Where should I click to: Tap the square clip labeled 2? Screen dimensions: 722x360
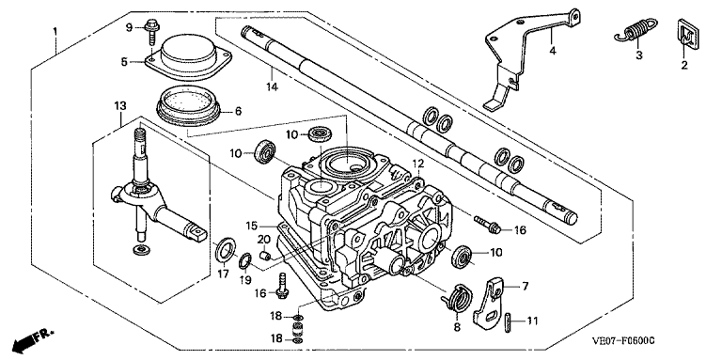[x=686, y=33]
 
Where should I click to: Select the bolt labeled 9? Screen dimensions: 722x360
[x=151, y=29]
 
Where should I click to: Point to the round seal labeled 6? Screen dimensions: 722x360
[x=188, y=105]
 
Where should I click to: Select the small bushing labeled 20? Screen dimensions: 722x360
[x=264, y=255]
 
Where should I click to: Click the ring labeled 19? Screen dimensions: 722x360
[x=244, y=261]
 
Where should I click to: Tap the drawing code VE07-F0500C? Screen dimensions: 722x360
[x=623, y=341]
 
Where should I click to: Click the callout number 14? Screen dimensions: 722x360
[x=272, y=86]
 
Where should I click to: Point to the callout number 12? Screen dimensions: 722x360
[x=417, y=163]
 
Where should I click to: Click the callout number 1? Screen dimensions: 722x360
[x=55, y=31]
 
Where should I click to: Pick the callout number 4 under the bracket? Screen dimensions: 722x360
[x=553, y=51]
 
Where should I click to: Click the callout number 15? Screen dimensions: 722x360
[x=251, y=226]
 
